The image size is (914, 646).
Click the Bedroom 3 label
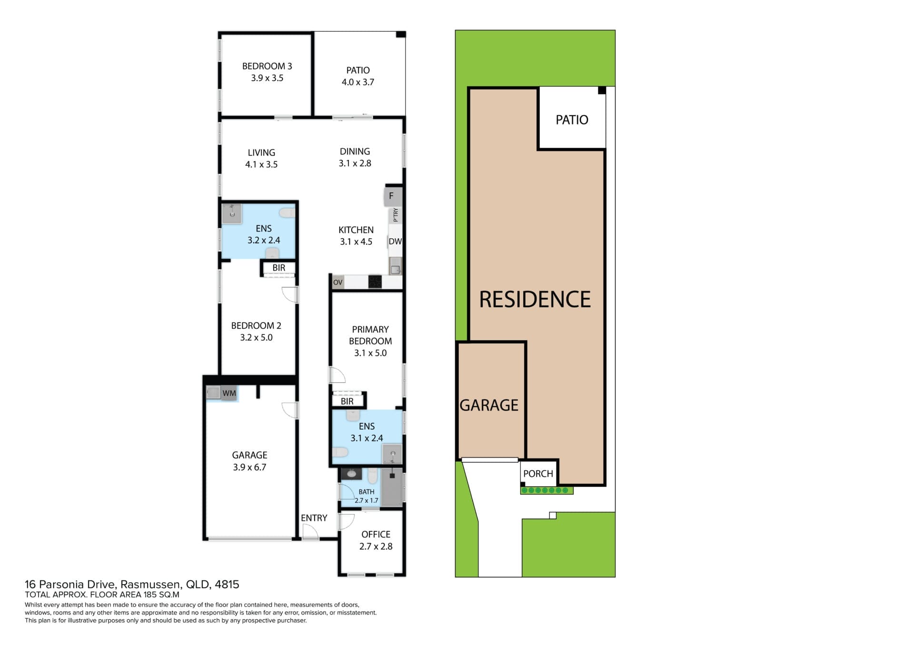tap(267, 66)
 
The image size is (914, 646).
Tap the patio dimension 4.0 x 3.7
tap(358, 82)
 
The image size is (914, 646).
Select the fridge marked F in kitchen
tap(393, 196)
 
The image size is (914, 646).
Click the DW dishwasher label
tap(395, 241)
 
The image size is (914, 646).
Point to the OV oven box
tap(338, 283)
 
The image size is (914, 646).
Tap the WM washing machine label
tap(229, 393)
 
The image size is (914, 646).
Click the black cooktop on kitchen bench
tap(375, 282)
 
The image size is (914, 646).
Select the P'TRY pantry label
tap(396, 215)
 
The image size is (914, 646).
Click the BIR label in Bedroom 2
tap(279, 268)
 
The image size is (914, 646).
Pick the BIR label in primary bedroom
tap(347, 401)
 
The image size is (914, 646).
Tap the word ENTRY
tap(314, 518)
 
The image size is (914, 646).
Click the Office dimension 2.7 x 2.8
tap(376, 547)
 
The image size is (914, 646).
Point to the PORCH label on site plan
tap(538, 474)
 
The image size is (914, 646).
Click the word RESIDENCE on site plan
tap(535, 299)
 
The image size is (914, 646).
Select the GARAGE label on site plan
tap(489, 405)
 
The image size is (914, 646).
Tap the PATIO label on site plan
tap(572, 120)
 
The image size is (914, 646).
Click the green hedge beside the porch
tap(546, 490)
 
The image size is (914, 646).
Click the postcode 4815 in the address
tap(227, 584)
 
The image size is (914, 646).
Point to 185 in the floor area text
tap(150, 595)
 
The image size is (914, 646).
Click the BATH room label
tap(367, 492)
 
